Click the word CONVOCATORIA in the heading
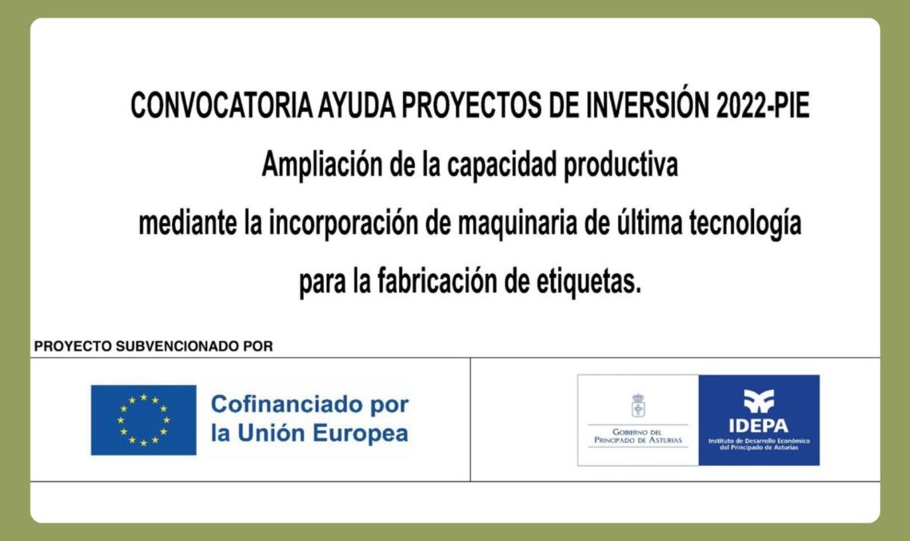(222, 105)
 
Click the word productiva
(621, 165)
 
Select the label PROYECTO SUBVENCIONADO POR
(154, 346)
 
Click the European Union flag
(143, 420)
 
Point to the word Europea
(361, 433)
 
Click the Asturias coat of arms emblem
(638, 405)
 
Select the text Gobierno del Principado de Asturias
(638, 436)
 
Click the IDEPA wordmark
(759, 426)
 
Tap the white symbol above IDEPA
(759, 400)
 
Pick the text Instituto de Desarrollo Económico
(759, 441)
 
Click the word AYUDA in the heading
(357, 105)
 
